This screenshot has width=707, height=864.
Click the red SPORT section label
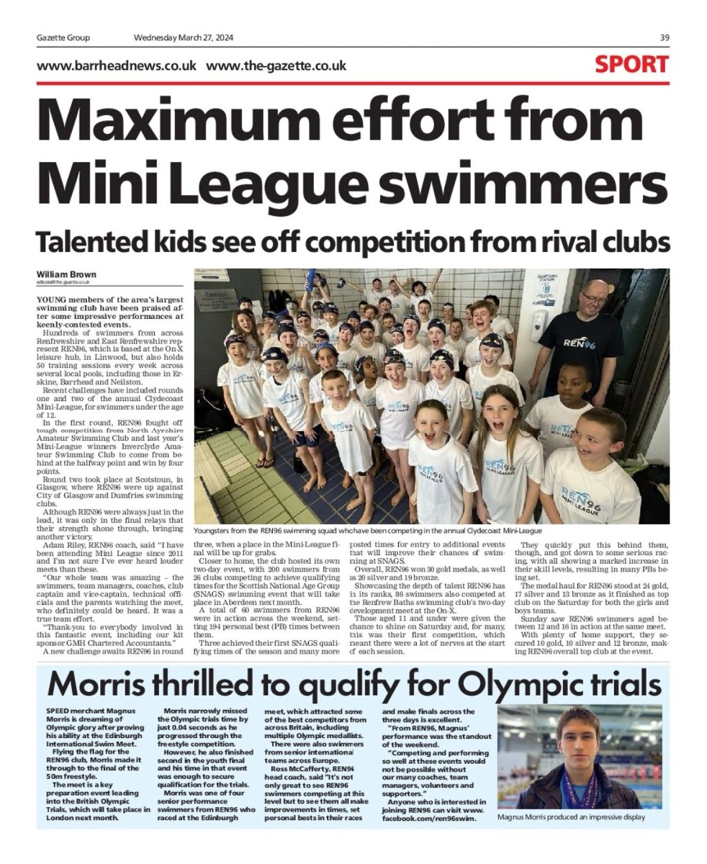631,65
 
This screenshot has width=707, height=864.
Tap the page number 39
664,38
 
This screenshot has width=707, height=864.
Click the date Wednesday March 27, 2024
184,38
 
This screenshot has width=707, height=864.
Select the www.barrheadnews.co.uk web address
117,66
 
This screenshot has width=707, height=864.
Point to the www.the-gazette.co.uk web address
276,66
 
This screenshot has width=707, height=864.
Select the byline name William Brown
66,274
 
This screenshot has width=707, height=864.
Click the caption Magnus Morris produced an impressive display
571,817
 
